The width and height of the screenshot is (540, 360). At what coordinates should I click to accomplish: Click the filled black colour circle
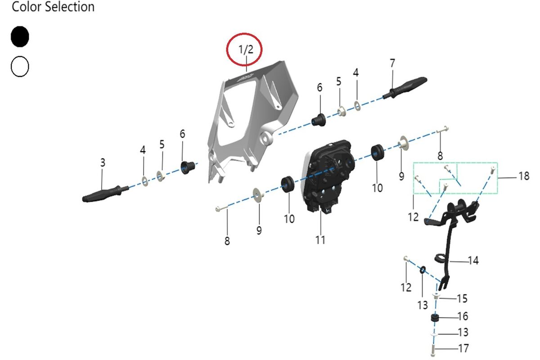(x=20, y=37)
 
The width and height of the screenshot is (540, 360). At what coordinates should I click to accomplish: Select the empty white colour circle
(x=20, y=67)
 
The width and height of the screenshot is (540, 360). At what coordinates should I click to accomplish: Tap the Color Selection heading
(x=53, y=7)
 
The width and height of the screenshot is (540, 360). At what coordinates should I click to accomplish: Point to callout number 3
(x=103, y=162)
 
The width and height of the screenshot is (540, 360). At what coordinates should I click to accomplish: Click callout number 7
(x=392, y=63)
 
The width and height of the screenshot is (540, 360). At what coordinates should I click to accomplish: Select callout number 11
(x=320, y=240)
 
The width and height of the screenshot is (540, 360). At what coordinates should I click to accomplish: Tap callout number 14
(x=473, y=261)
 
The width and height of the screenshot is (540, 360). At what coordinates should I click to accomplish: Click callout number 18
(x=524, y=176)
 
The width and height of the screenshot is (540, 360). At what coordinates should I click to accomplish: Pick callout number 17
(x=463, y=348)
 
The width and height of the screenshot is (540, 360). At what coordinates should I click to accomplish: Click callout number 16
(x=463, y=316)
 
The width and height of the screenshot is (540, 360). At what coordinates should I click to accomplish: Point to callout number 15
(x=462, y=298)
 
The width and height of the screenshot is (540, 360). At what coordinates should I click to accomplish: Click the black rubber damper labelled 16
(x=435, y=319)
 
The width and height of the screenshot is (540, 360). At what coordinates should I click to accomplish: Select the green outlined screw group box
(x=455, y=178)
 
